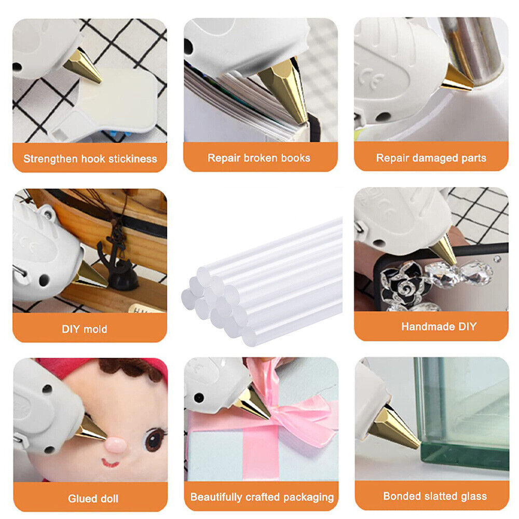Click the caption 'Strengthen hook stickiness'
coord(90,159)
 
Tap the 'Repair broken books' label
coord(259,158)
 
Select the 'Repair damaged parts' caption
coord(431,158)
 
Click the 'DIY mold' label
coord(85,329)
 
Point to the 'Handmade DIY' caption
coord(439,326)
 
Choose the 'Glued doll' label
coord(93,498)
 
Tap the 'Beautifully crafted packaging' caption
coord(262,497)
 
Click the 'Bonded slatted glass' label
coord(435,496)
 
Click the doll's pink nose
coord(116,445)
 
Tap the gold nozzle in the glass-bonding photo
coord(394,429)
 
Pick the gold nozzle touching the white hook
coord(83,66)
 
